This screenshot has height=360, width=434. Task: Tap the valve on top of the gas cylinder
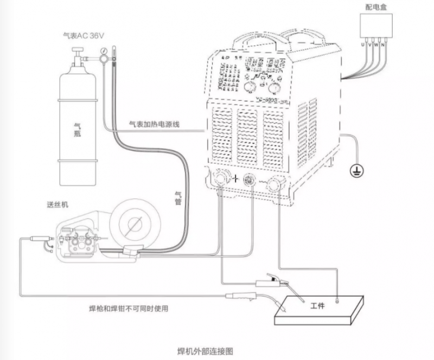pyautogui.click(x=77, y=52)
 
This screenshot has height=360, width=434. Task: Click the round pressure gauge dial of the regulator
pyautogui.click(x=102, y=56)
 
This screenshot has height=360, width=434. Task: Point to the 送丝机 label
pyautogui.click(x=57, y=205)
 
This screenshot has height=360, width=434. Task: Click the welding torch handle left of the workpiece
pyautogui.click(x=241, y=296)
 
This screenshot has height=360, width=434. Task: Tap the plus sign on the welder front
pyautogui.click(x=237, y=179)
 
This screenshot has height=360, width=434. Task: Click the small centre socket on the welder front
pyautogui.click(x=250, y=180)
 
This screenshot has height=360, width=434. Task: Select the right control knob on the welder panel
pyautogui.click(x=271, y=88)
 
